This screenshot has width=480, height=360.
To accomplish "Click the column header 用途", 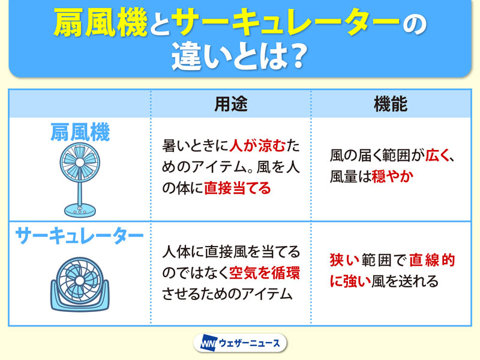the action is click(x=231, y=104).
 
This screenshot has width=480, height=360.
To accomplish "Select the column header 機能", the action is click(x=391, y=104).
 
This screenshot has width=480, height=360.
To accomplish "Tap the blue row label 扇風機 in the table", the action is click(x=80, y=132).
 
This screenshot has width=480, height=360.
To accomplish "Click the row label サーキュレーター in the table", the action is click(x=79, y=235).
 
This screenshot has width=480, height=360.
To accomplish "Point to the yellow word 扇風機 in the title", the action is click(x=101, y=22).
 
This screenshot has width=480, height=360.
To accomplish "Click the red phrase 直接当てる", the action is click(x=237, y=188).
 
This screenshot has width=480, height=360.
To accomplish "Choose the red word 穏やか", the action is click(x=392, y=176).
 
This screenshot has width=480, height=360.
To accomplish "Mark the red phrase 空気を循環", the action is click(x=265, y=273).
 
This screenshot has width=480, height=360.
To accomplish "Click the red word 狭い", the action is click(x=344, y=260).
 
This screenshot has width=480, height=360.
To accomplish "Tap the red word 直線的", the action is click(x=431, y=260).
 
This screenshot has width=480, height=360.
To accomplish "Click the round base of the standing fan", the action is click(x=80, y=211).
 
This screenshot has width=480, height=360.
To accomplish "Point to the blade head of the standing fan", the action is click(x=80, y=163).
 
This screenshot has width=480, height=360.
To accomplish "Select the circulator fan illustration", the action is click(x=80, y=284).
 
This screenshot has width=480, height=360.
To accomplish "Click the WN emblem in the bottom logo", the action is click(x=208, y=343).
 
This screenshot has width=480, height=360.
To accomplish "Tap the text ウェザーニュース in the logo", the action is click(x=250, y=343).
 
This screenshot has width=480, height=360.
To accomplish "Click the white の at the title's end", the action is click(x=414, y=23).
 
